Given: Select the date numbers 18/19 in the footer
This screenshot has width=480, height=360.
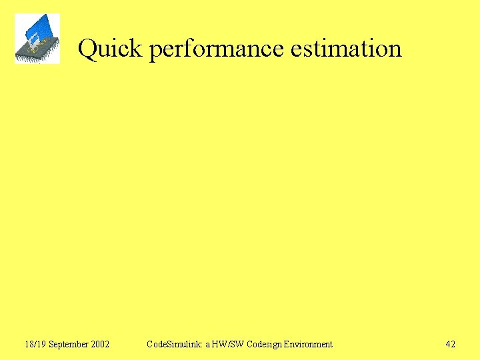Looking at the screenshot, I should [35, 345].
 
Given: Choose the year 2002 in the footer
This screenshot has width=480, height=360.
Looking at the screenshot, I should [100, 345].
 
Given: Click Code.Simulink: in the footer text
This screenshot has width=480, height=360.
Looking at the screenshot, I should [174, 345].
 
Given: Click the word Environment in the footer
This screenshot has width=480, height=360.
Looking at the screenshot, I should [308, 345].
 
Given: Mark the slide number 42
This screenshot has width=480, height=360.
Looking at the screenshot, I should [451, 345].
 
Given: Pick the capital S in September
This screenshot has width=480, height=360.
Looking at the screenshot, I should [51, 345].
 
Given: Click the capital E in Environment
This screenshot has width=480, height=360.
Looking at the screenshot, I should [286, 345].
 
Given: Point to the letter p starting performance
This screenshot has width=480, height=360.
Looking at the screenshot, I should [155, 51].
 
